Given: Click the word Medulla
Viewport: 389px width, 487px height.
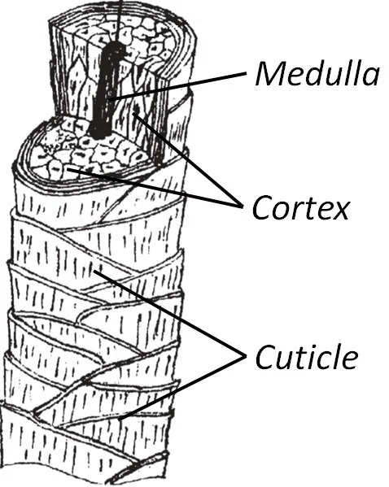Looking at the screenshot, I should coord(317,74).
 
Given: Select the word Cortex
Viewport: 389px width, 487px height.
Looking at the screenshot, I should coord(300,207).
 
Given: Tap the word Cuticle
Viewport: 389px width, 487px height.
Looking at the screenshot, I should coord(306,356).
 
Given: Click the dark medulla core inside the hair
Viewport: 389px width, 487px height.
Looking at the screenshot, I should coord(104,93).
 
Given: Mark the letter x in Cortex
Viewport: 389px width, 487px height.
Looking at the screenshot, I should coord(340,210).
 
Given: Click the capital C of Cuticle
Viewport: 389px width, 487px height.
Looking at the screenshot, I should coord(266,356).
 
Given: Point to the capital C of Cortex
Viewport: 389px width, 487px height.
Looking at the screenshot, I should coord(262,208).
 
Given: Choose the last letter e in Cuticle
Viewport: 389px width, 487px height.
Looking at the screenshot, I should coord(349,358).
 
